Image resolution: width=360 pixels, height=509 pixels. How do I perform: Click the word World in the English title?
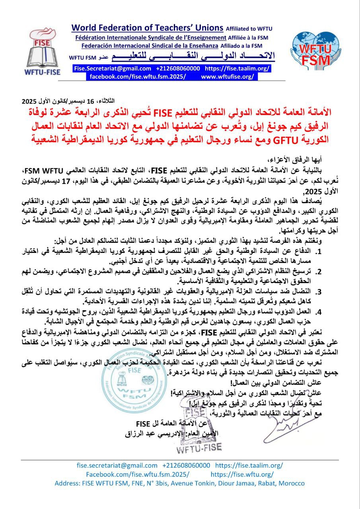click(x=84, y=28)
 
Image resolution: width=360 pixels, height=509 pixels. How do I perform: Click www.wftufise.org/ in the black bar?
click(x=227, y=76)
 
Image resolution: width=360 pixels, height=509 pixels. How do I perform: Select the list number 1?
click(x=319, y=252)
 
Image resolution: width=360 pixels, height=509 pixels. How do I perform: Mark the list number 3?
click(x=319, y=290)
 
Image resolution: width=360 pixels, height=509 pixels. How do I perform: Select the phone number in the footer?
click(x=186, y=466)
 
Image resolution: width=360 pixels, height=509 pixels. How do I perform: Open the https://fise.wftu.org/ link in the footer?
click(x=242, y=474)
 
